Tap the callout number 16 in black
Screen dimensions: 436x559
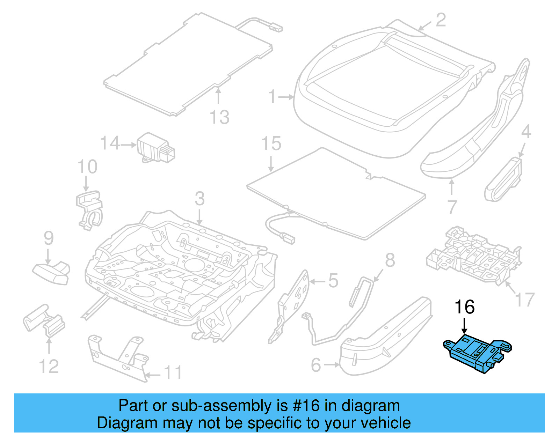click(464, 307)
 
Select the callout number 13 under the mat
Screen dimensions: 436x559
click(219, 117)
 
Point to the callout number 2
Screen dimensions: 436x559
click(441, 20)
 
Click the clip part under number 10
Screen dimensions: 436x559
click(89, 209)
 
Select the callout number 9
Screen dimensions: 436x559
click(49, 238)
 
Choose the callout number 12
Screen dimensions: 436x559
click(49, 367)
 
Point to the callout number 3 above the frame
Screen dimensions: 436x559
click(199, 199)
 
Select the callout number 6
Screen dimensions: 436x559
click(316, 365)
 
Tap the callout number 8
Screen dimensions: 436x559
click(390, 260)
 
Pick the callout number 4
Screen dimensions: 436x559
click(526, 132)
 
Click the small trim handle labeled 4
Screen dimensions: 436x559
click(503, 180)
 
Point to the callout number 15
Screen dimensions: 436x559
click(271, 143)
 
